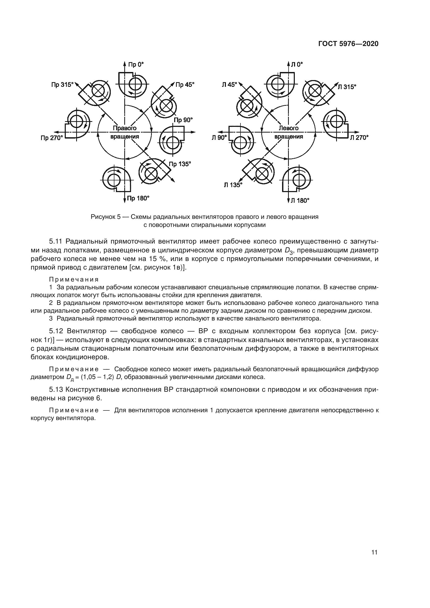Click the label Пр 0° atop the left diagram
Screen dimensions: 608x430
[135, 64]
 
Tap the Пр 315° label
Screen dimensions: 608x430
[62, 85]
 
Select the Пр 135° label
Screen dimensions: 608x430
[180, 164]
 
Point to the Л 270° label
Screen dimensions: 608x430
[359, 138]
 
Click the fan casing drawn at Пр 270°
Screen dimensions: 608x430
[77, 124]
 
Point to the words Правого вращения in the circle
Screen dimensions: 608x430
[125, 132]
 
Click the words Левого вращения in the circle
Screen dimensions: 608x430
[289, 132]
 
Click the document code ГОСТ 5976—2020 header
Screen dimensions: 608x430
[348, 44]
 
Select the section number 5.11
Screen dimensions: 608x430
[55, 241]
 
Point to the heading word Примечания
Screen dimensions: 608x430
[74, 280]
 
